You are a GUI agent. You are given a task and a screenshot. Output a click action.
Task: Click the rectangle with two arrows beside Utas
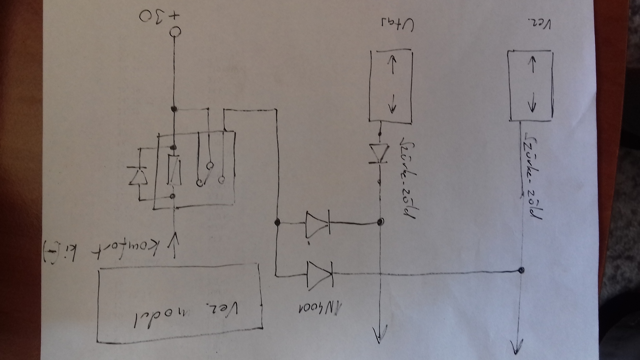390,87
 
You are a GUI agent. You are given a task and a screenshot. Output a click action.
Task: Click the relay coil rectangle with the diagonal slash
174,170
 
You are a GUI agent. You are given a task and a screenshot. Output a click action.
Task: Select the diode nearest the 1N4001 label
320,275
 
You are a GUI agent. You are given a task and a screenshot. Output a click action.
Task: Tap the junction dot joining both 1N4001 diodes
276,222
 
